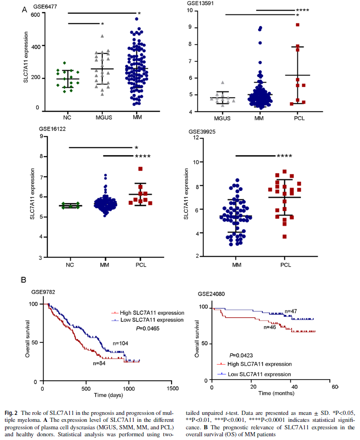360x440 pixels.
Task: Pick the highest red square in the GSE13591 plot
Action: tap(297, 25)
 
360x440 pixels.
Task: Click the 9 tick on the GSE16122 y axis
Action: tap(42, 136)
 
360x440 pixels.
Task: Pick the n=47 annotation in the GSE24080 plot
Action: tap(291, 311)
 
